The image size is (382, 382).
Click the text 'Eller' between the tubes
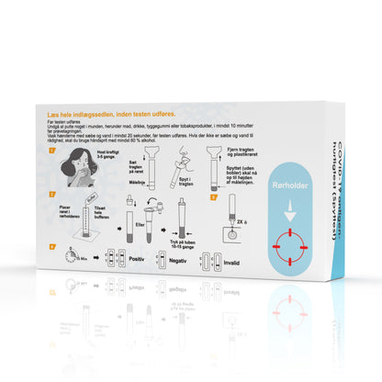point(140,224)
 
